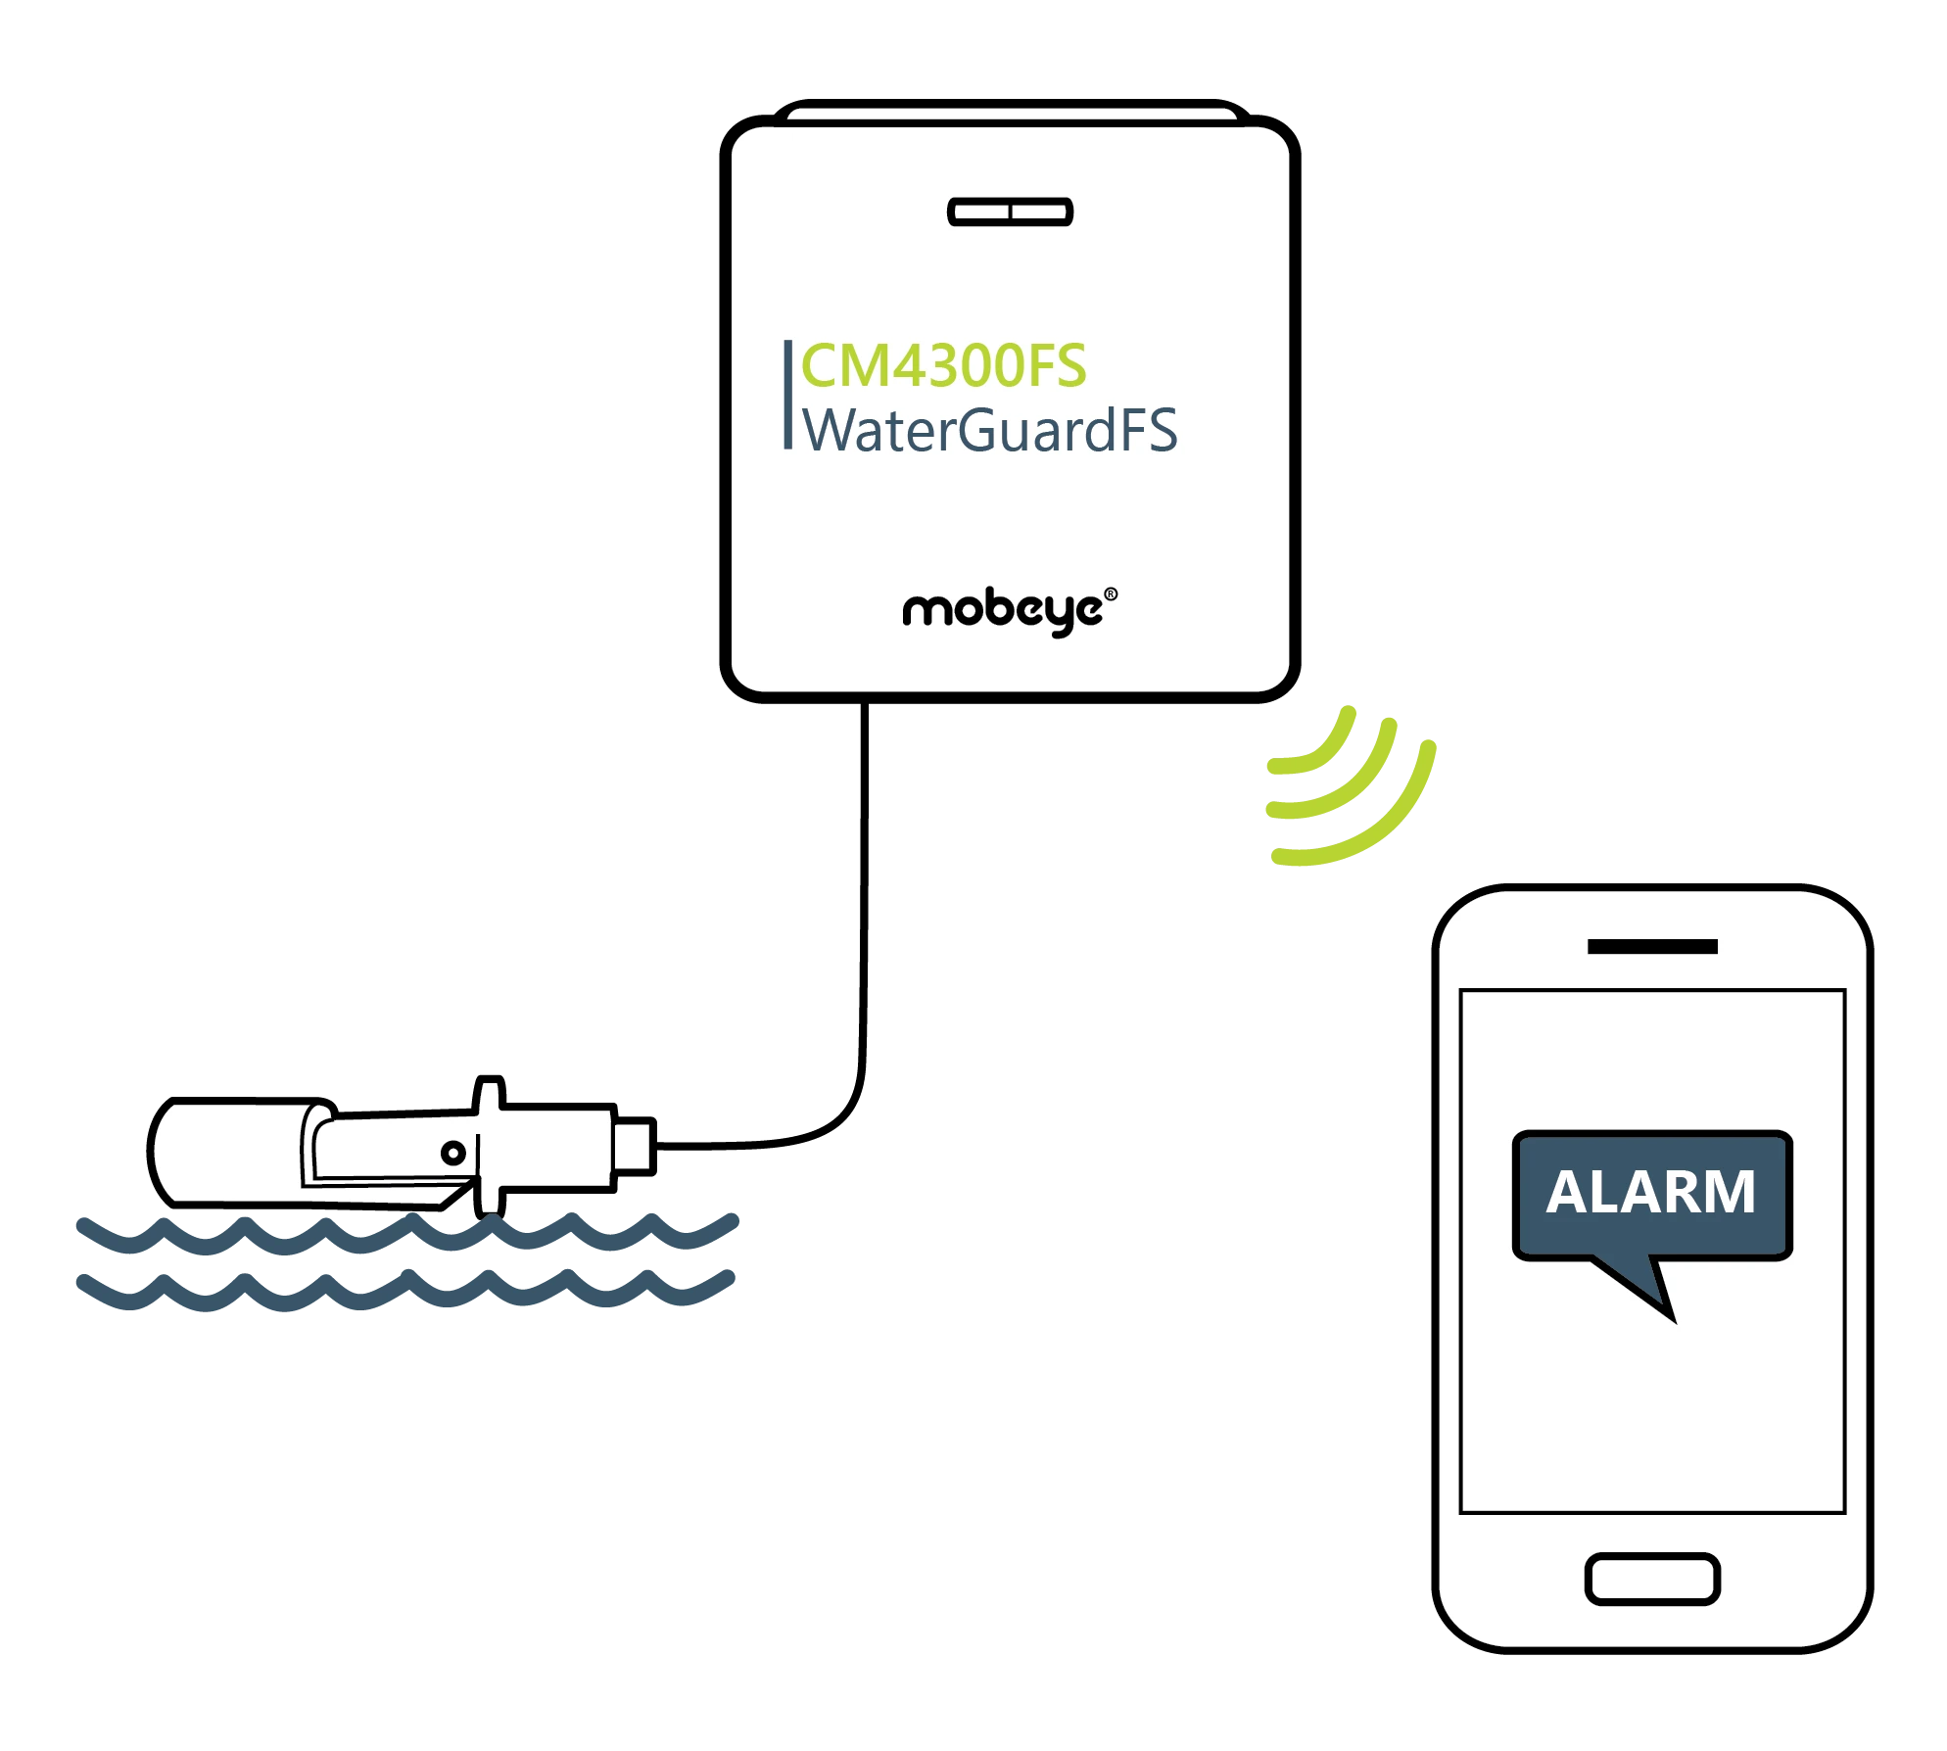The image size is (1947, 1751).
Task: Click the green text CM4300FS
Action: [943, 365]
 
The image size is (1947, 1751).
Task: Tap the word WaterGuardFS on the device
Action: [989, 430]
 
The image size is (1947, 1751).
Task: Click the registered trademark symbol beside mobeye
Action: [1111, 593]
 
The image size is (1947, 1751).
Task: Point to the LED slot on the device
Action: [1010, 212]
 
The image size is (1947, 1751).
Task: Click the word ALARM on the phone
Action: [1651, 1192]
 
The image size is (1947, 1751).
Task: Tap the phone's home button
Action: [1652, 1579]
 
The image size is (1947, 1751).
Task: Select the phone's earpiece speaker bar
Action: [1652, 946]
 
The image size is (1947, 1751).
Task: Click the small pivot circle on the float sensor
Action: [452, 1153]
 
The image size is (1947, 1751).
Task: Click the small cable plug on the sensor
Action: [634, 1145]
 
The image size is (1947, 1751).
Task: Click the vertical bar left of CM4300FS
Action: [787, 395]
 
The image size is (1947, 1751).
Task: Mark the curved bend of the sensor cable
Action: [834, 1116]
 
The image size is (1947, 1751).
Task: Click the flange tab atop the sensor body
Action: [489, 1093]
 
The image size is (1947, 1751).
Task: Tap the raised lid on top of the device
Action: [1012, 112]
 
